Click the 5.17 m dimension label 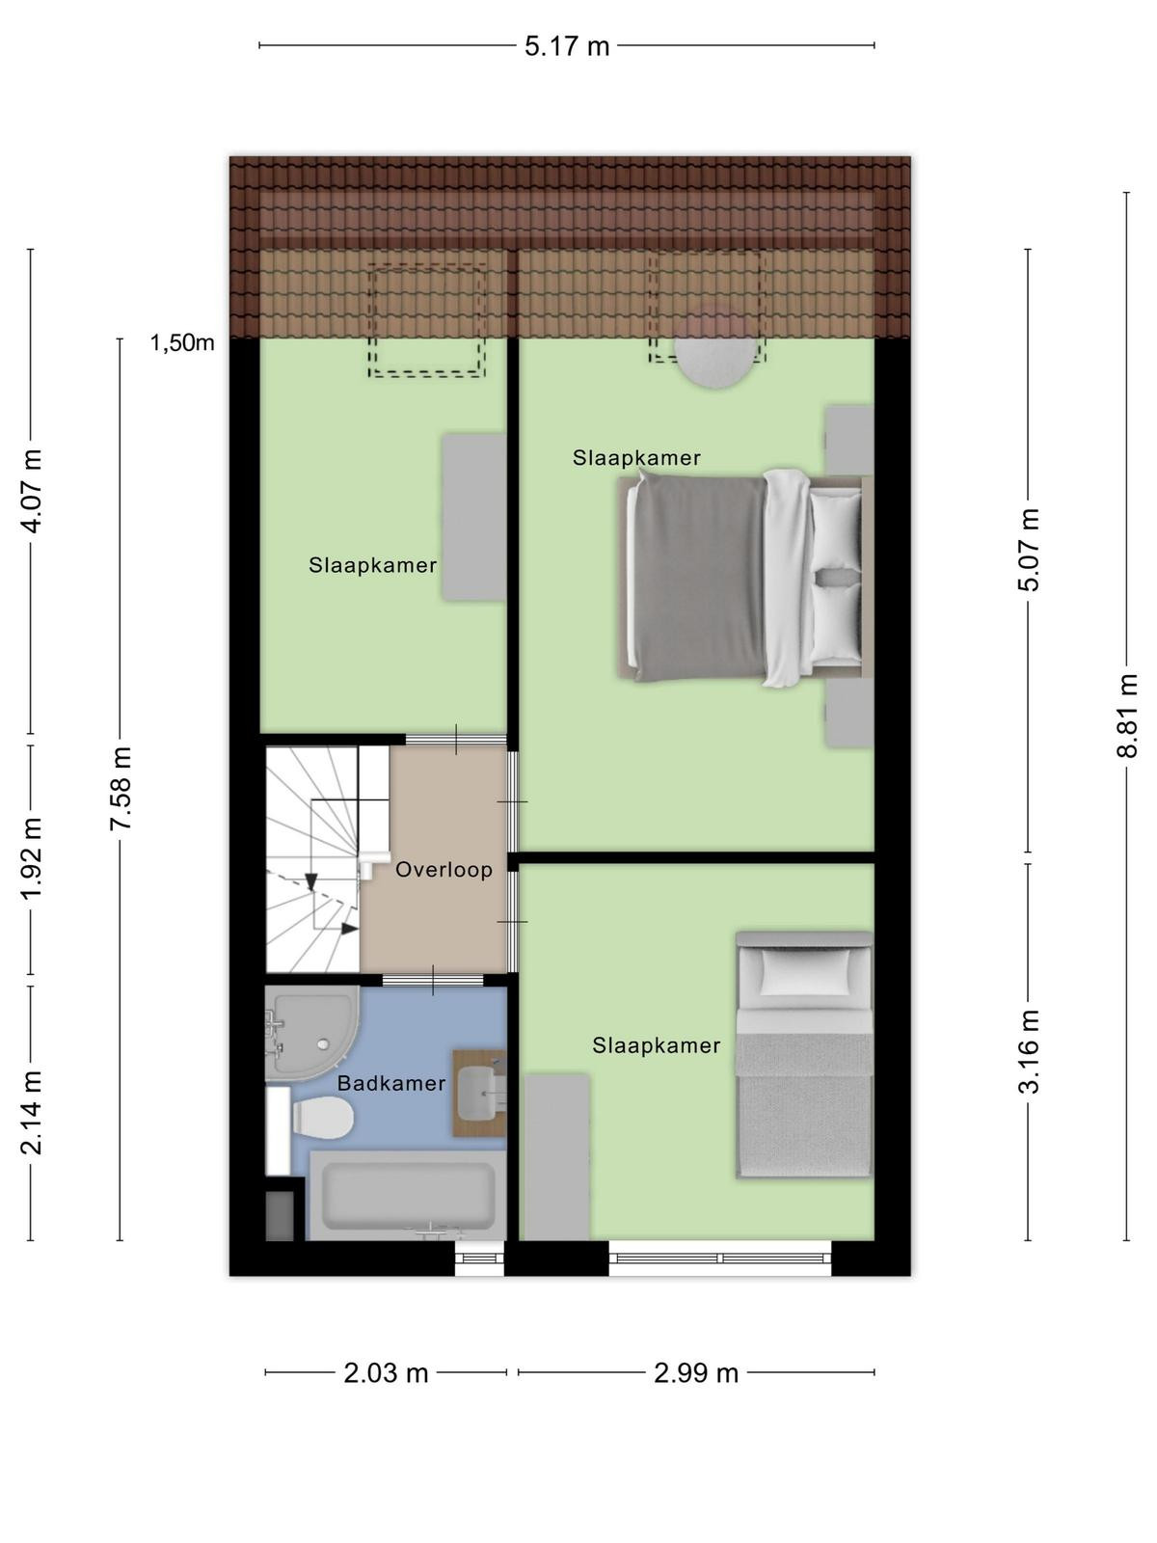point(566,46)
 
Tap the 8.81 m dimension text point(1126,716)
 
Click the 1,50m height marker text point(182,343)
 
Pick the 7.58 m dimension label point(121,788)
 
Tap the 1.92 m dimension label point(32,858)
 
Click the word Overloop point(444,870)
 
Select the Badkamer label point(391,1083)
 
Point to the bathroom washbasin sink point(480,1093)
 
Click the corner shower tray point(311,1033)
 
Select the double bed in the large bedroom point(744,578)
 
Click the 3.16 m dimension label point(1029,1051)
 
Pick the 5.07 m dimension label point(1029,550)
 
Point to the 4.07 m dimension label point(32,490)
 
